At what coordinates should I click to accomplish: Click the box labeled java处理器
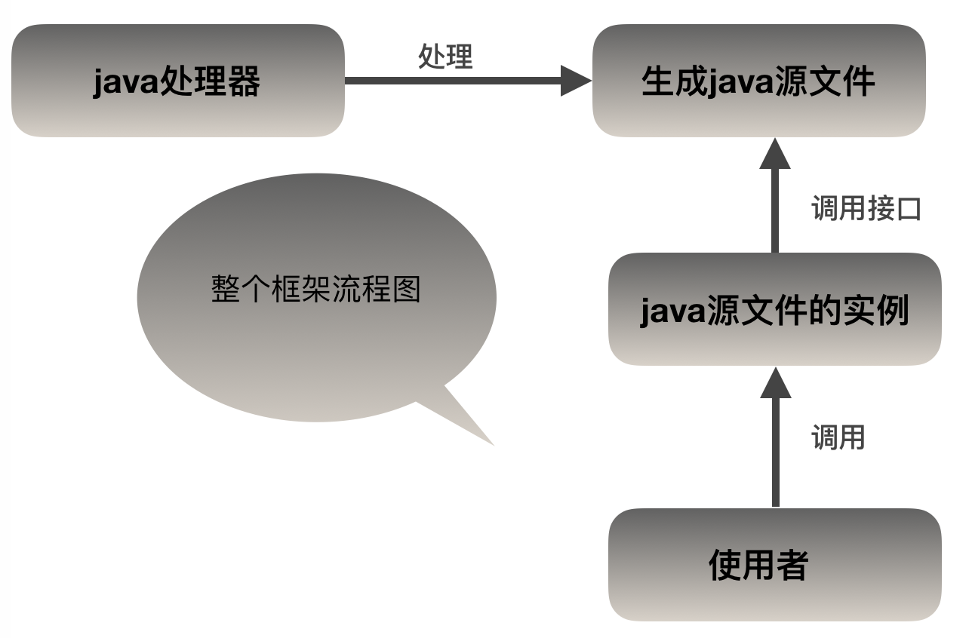pos(178,81)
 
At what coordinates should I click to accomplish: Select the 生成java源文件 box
pos(758,81)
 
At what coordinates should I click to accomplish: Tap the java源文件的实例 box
pos(774,309)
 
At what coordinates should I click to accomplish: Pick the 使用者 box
pos(774,565)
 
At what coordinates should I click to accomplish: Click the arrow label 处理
pos(445,57)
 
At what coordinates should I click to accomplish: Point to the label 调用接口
pos(866,208)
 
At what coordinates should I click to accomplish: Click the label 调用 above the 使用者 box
pos(838,437)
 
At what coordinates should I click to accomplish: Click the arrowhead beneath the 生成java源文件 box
pos(774,155)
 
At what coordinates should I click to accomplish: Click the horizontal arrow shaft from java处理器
pos(453,80)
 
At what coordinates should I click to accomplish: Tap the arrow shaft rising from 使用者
pos(774,452)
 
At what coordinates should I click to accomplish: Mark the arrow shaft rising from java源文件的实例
pos(774,211)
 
